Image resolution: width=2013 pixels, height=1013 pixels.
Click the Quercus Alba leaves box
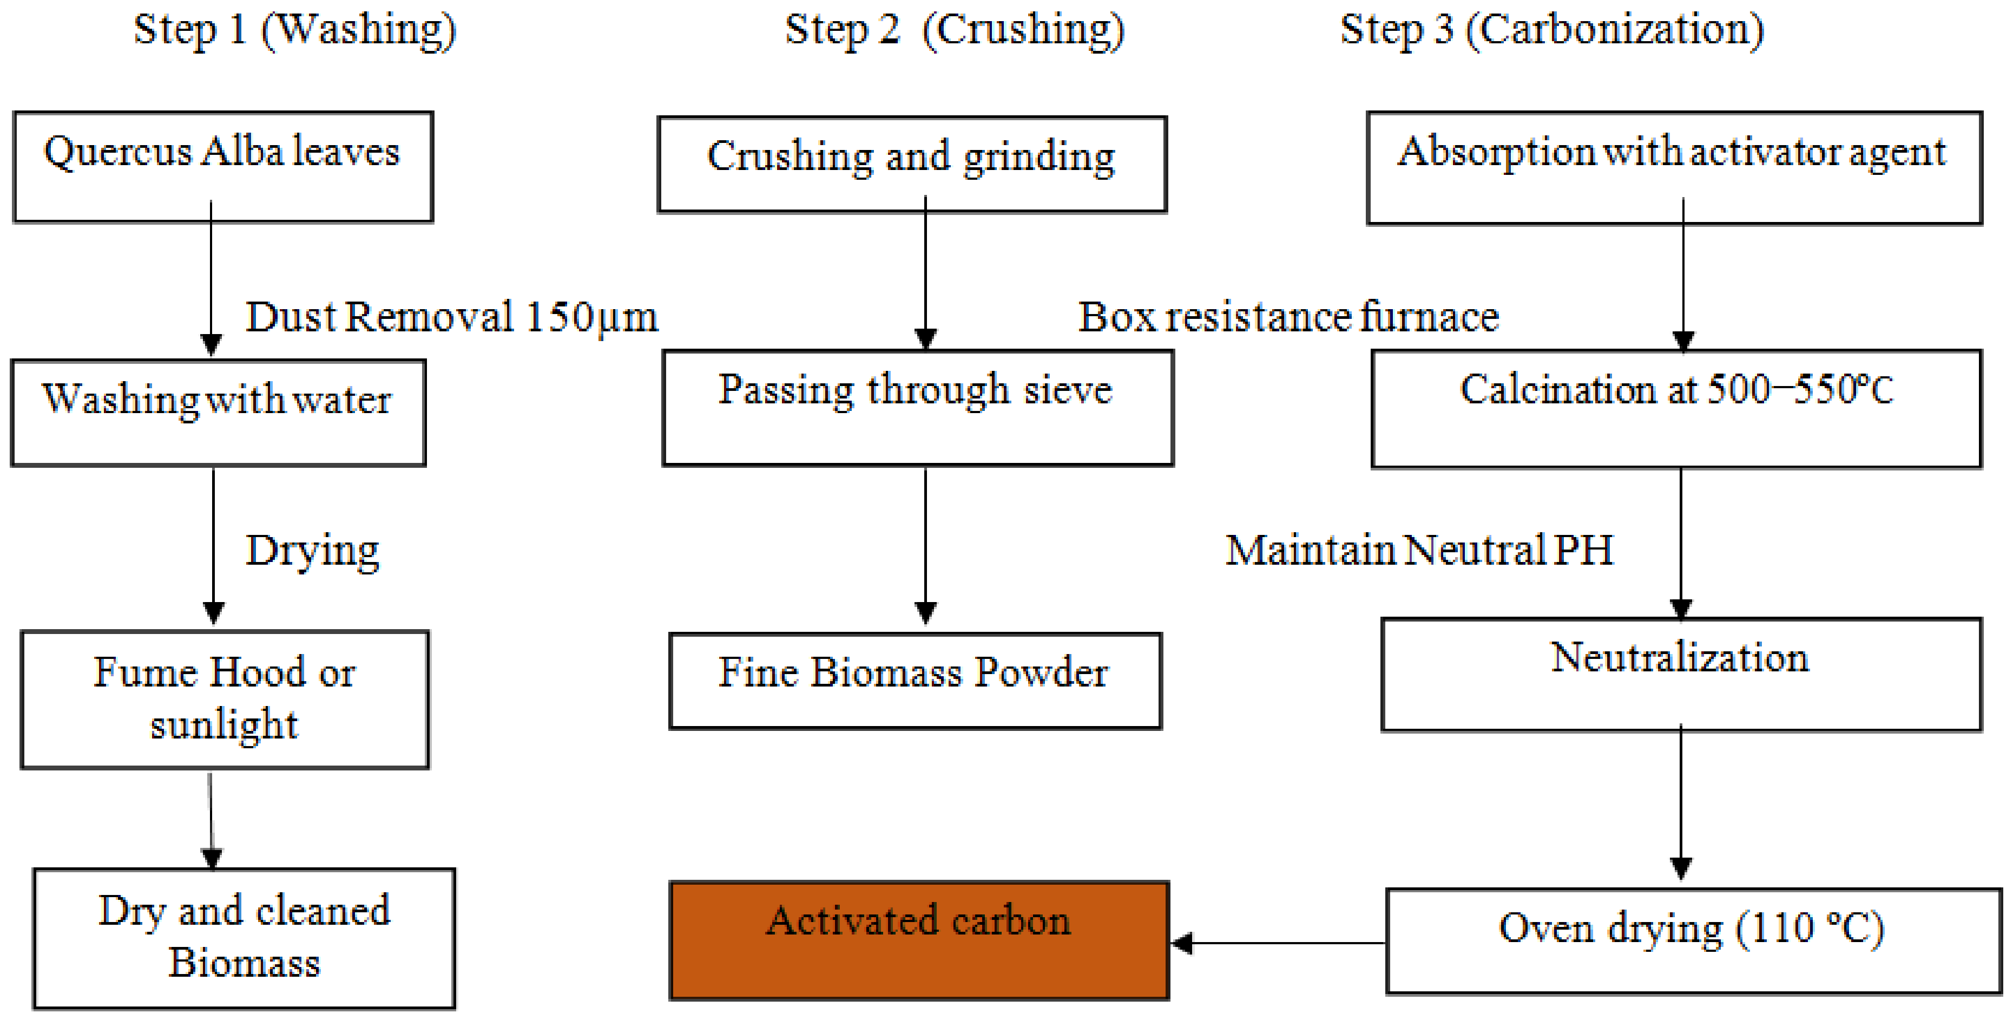click(x=223, y=167)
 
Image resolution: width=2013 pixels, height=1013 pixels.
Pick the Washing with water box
click(x=218, y=412)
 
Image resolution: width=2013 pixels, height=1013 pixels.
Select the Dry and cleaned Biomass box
click(x=244, y=937)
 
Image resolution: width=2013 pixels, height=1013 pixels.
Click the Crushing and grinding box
click(x=912, y=164)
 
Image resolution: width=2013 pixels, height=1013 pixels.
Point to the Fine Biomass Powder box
click(x=915, y=680)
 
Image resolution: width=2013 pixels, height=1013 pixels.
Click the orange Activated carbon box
click(x=919, y=940)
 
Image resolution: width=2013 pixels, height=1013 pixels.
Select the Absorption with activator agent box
click(x=1674, y=168)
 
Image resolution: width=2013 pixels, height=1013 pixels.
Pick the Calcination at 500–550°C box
click(x=1676, y=408)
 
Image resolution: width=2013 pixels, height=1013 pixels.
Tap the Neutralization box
click(x=1681, y=674)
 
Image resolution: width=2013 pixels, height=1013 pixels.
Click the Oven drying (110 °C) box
click(x=1693, y=940)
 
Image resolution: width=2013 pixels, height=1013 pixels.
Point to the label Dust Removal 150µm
click(x=452, y=317)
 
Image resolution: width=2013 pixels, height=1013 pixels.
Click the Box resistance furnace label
click(x=1288, y=317)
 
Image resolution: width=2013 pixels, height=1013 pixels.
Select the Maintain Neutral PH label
click(x=1418, y=550)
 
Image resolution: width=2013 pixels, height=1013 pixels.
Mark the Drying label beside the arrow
click(x=313, y=550)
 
